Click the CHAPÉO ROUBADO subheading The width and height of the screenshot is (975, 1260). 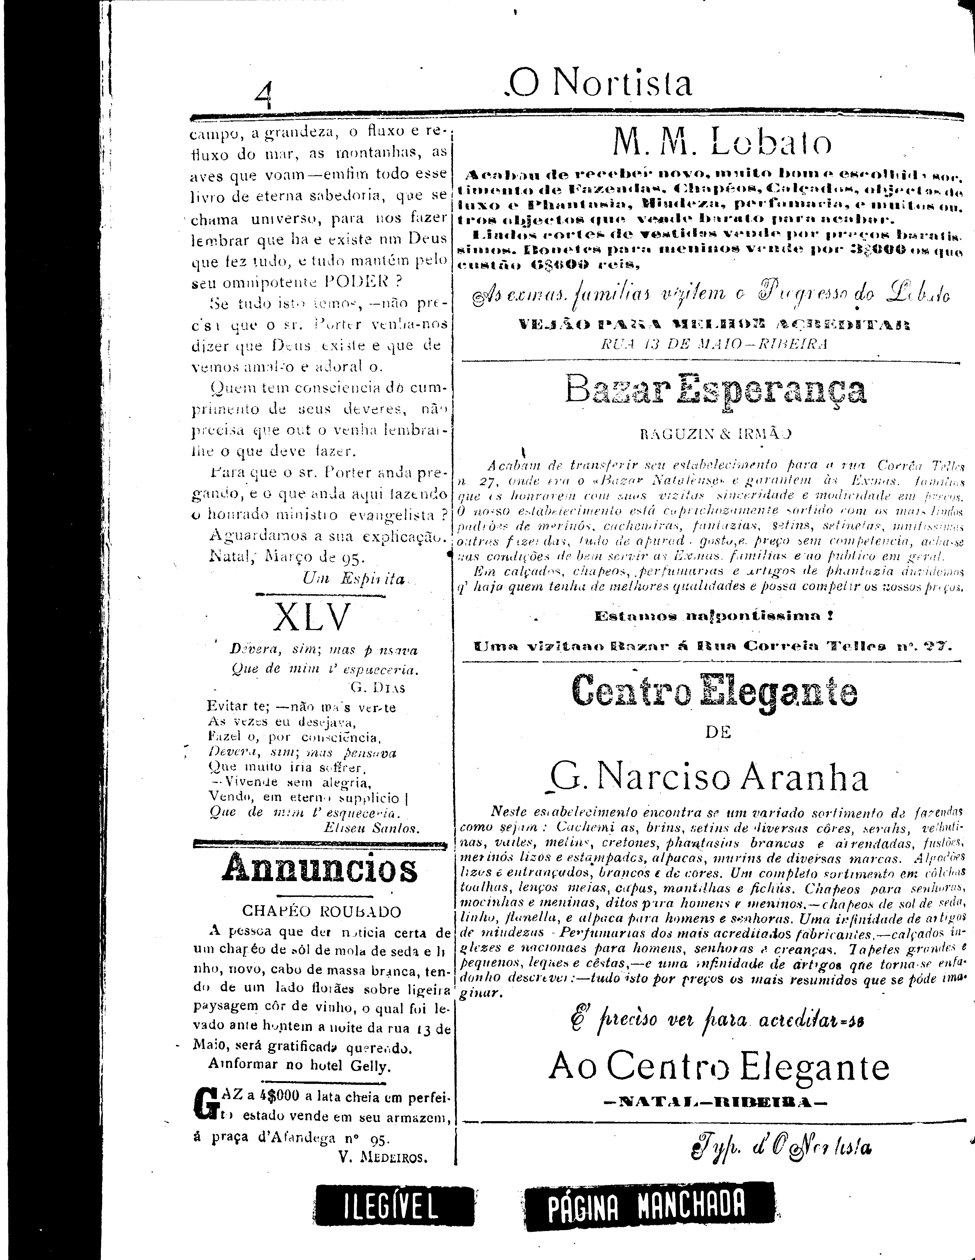point(321,912)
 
